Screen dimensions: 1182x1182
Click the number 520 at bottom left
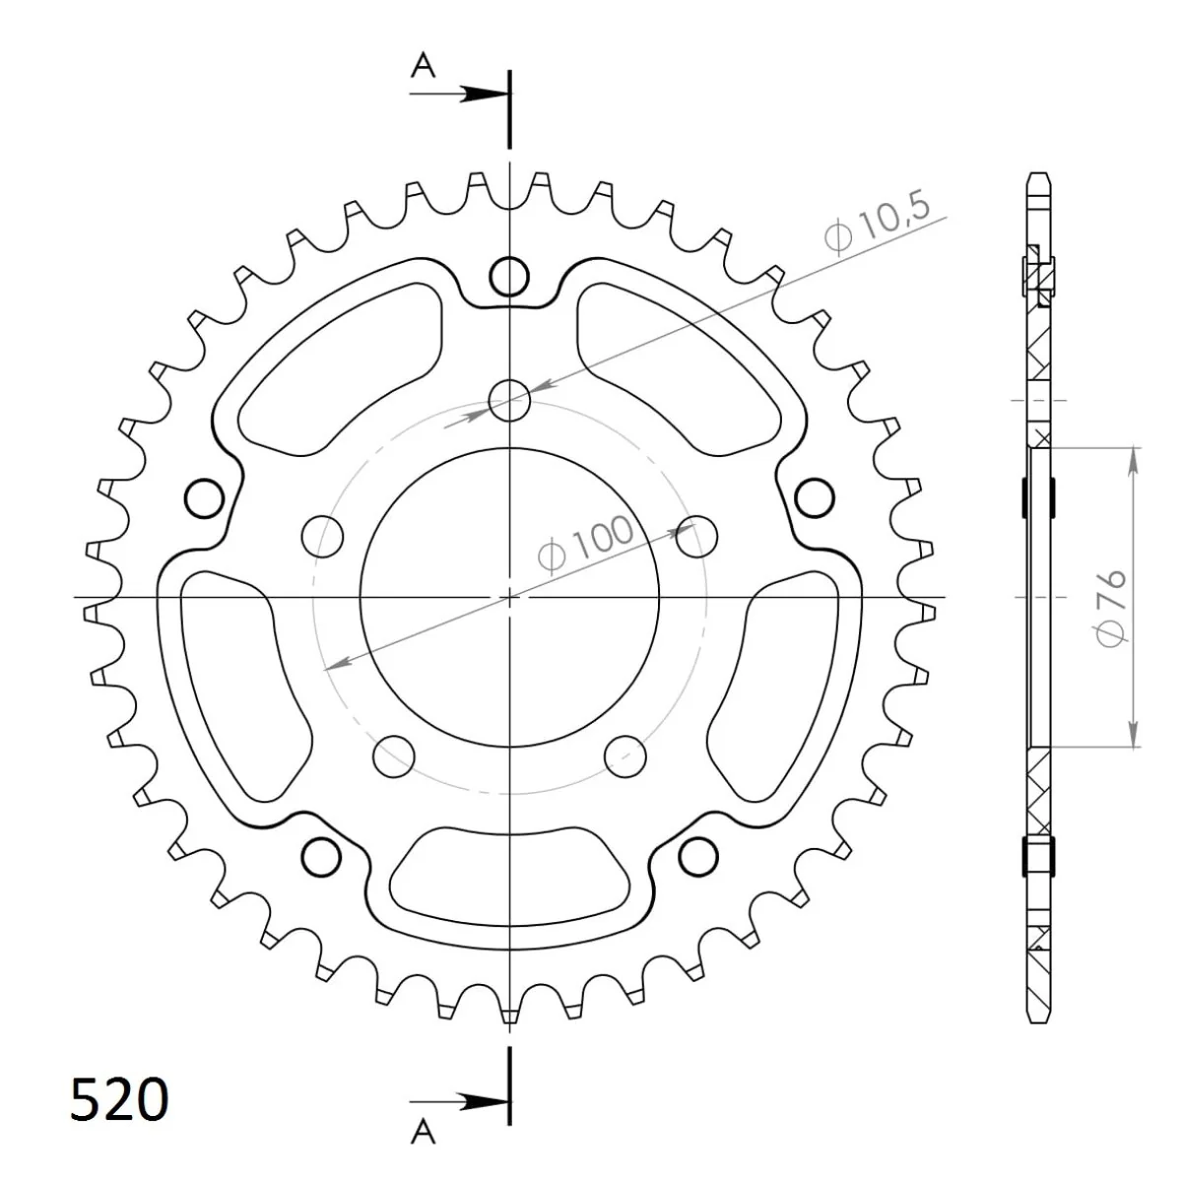pyautogui.click(x=119, y=1099)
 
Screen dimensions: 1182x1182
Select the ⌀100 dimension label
pyautogui.click(x=584, y=544)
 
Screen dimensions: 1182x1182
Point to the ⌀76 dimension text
pyautogui.click(x=1111, y=607)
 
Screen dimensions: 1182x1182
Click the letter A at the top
pyautogui.click(x=423, y=66)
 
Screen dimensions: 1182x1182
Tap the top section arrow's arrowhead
pyautogui.click(x=485, y=94)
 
